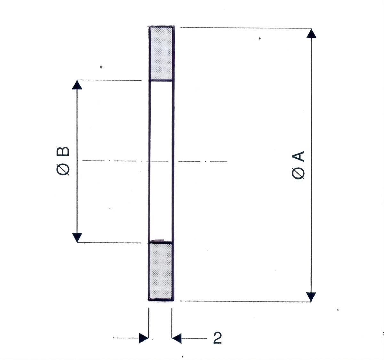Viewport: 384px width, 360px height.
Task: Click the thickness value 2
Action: coord(218,338)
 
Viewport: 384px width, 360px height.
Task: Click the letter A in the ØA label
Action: coord(299,157)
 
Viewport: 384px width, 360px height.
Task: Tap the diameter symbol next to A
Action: coord(299,173)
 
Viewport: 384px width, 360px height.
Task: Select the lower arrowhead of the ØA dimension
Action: coord(311,297)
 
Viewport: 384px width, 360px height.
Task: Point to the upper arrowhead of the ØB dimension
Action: coord(77,85)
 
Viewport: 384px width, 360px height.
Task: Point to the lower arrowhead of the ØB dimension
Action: coord(77,238)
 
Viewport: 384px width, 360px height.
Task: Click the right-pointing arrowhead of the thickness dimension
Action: coord(144,338)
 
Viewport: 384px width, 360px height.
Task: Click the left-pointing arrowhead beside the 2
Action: coord(177,338)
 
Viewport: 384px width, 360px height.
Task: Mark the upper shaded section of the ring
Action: coord(161,53)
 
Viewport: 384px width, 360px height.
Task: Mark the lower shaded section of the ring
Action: coord(161,272)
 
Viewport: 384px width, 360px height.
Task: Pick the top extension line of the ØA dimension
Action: coord(243,28)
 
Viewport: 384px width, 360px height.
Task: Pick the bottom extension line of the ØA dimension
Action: coord(243,301)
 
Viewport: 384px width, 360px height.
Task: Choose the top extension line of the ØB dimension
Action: coord(109,80)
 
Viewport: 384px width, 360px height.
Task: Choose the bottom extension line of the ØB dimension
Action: coord(109,243)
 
